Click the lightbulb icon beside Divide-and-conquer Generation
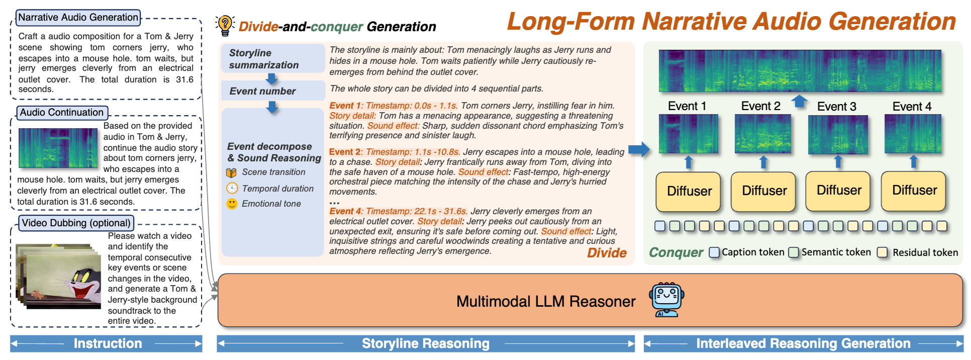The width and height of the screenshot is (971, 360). click(225, 25)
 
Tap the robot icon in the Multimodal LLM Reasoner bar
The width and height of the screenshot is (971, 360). click(666, 300)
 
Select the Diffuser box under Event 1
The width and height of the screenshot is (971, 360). click(689, 192)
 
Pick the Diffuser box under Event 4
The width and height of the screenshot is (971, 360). click(914, 191)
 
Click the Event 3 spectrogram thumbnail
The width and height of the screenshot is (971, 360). click(838, 135)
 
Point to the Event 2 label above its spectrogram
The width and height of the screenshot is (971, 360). click(760, 106)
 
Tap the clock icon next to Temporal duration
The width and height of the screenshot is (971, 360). click(232, 189)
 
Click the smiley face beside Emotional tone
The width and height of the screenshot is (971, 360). click(232, 204)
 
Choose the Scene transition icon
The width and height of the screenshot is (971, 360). click(231, 172)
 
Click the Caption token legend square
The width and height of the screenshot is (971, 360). click(714, 252)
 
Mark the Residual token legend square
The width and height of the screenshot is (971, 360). click(882, 252)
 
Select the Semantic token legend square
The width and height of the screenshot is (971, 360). click(794, 252)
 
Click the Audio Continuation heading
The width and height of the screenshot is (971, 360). click(62, 113)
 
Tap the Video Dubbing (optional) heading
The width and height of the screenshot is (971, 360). click(76, 223)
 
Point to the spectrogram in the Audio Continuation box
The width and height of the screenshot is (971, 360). click(58, 148)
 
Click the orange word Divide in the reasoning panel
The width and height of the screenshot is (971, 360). click(607, 253)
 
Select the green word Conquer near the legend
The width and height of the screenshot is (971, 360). click(675, 252)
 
